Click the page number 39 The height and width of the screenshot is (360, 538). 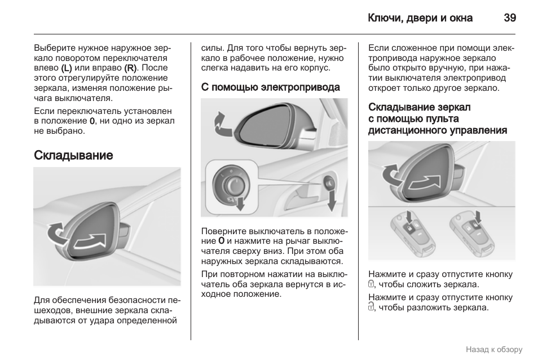click(510, 17)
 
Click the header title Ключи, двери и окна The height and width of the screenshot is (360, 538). click(420, 17)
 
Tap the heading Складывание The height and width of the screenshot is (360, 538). click(73, 155)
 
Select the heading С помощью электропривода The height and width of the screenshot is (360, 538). click(271, 87)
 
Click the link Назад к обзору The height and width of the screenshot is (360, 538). click(494, 349)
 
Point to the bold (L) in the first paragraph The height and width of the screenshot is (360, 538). click(67, 68)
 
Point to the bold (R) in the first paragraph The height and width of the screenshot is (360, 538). click(130, 68)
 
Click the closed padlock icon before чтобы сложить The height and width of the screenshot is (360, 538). click(371, 284)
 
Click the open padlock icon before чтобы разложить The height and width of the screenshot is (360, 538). click(371, 307)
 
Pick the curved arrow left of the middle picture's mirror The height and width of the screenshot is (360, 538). click(221, 122)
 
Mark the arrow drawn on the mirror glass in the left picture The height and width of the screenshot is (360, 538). click(91, 242)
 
